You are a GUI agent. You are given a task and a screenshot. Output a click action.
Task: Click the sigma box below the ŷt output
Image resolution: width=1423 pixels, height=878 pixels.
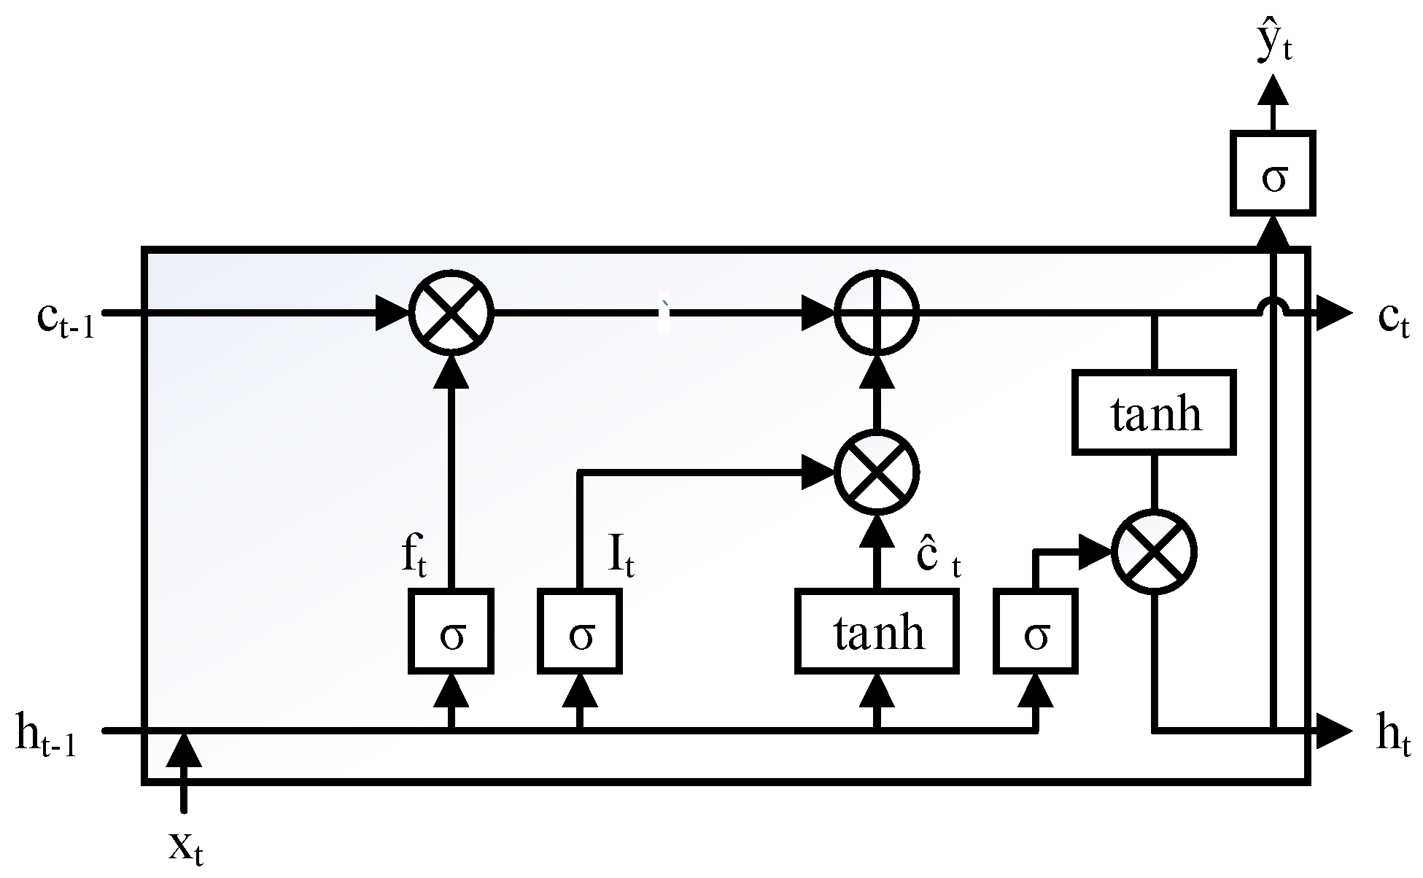tap(1273, 174)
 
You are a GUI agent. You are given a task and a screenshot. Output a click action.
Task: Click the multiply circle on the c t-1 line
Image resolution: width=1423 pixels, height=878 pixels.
tap(451, 313)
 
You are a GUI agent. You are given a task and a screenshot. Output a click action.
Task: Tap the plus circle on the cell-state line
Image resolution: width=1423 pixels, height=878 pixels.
tap(877, 313)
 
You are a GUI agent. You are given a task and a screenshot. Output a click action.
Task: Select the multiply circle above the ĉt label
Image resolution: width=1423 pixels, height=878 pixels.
tap(877, 473)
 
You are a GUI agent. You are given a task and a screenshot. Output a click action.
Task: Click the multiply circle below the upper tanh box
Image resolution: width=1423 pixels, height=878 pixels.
tap(1154, 551)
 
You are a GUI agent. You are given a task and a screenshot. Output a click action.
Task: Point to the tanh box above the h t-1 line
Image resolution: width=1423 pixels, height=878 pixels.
tap(877, 632)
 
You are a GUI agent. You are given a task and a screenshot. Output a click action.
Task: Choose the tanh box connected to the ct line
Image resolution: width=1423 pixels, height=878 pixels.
tap(1154, 412)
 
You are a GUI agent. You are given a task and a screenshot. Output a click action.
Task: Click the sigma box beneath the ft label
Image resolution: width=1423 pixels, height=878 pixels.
tap(451, 632)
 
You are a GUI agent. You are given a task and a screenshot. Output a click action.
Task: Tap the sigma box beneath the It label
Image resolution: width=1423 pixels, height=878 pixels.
tap(581, 632)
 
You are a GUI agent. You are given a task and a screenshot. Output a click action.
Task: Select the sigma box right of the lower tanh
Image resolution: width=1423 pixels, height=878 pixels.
tap(1036, 632)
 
